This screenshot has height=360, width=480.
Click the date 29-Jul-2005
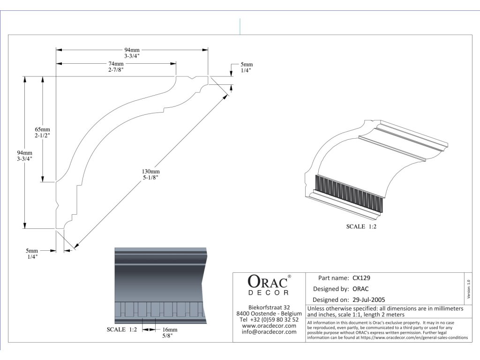click(368, 299)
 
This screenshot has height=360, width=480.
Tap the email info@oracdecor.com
click(269, 332)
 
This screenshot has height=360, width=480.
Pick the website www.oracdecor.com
click(269, 325)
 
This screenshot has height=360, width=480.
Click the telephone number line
click(269, 319)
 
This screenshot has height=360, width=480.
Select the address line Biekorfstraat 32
click(269, 307)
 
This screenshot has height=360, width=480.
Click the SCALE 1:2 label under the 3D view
click(361, 226)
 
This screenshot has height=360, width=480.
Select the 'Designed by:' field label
click(330, 288)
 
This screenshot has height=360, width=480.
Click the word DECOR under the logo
click(268, 293)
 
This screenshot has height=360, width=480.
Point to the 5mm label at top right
click(247, 67)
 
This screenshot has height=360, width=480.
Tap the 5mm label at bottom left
click(32, 254)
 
